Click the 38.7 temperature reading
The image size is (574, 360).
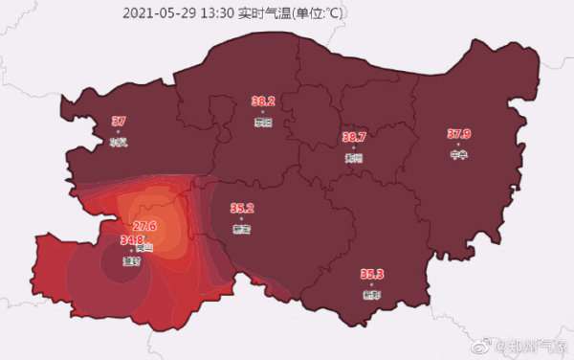(354, 138)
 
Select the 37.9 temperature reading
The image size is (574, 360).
(459, 133)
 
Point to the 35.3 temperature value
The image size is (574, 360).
(371, 275)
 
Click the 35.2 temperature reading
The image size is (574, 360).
(242, 208)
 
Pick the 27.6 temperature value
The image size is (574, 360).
(144, 226)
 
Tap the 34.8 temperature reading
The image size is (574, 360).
(131, 240)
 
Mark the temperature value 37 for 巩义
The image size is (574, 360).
(119, 122)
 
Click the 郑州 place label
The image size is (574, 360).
(354, 159)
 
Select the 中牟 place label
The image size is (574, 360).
(458, 154)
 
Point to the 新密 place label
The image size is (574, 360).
(242, 230)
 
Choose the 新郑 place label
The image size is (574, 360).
(371, 296)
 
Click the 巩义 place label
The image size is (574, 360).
(119, 143)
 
